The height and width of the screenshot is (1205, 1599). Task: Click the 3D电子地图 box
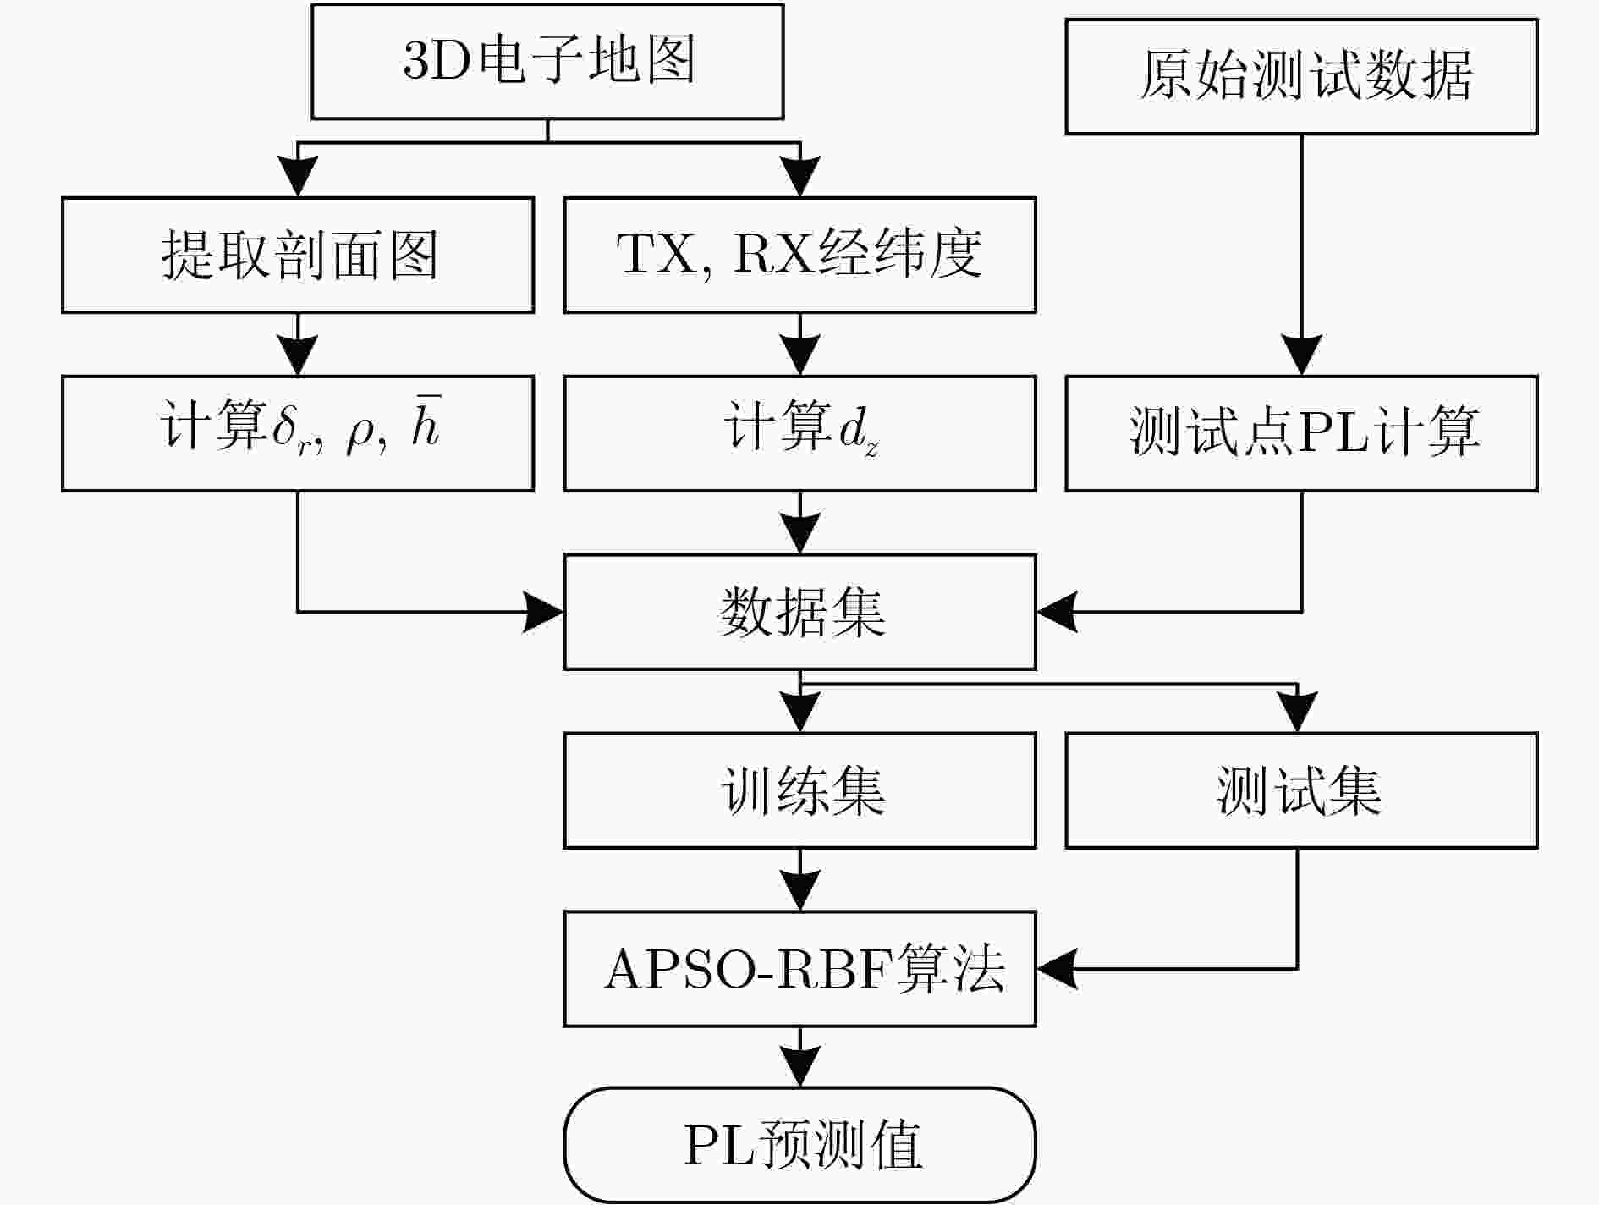[547, 61]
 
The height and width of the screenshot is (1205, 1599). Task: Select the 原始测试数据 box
[1301, 76]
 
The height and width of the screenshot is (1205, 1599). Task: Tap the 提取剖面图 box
[298, 255]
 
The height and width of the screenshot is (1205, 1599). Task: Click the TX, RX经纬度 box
[799, 255]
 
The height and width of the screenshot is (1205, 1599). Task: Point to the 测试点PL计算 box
[1301, 433]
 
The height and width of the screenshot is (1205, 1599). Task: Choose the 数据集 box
[799, 612]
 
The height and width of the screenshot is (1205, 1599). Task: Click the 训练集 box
[799, 790]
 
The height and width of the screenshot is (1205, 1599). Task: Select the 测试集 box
[1301, 790]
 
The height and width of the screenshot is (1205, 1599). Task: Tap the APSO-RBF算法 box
[799, 969]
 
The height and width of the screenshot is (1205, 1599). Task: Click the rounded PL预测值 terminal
[799, 1145]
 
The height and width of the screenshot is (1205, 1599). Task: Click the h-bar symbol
[426, 421]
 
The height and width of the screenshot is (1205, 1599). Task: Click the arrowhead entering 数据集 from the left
[543, 612]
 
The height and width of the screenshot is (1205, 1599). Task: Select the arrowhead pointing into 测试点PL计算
[1301, 355]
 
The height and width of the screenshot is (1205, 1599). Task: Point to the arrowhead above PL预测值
[799, 1067]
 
